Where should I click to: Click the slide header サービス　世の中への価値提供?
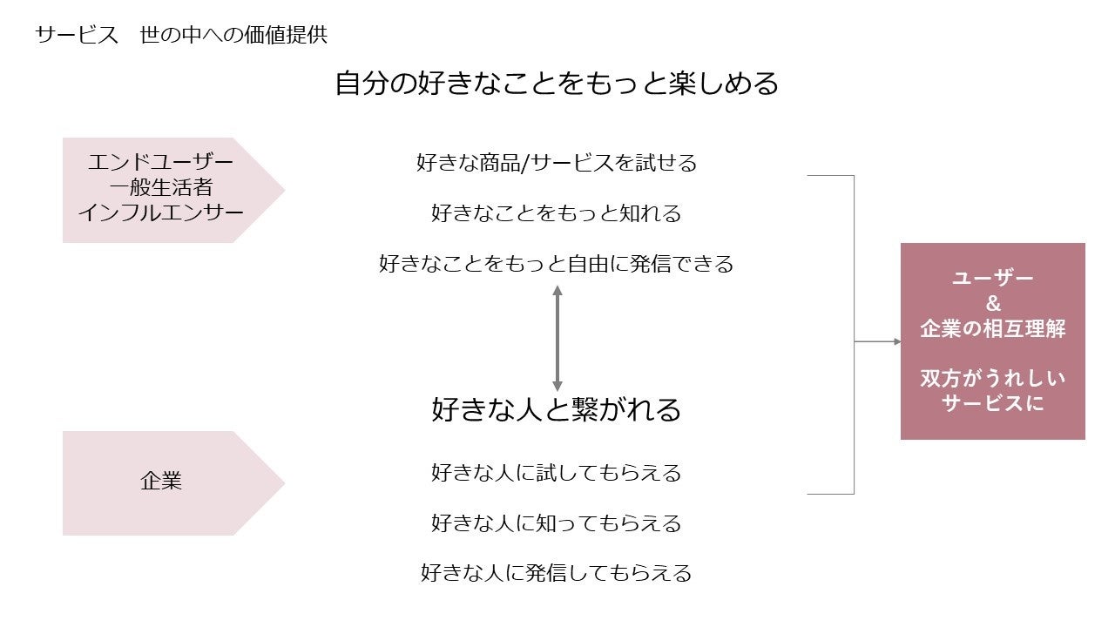pos(181,36)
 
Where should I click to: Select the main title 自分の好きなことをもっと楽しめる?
pos(557,84)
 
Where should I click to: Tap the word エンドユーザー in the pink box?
pos(161,163)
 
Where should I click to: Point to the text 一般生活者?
pos(161,187)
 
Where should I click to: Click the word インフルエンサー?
pos(161,212)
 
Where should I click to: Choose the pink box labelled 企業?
pos(162,482)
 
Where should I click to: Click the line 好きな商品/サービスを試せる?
pos(557,163)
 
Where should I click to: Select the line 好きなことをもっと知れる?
pos(557,213)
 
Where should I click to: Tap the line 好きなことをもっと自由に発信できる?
pos(557,263)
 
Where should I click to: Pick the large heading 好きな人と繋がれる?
pos(557,409)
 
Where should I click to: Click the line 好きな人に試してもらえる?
pos(557,473)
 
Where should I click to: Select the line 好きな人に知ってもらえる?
pos(557,523)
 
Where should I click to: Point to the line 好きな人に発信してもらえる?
pos(557,573)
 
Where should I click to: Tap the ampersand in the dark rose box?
pos(993,304)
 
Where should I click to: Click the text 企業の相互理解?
pos(993,329)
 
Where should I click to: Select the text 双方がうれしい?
pos(993,380)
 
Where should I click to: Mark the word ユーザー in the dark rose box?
pos(993,279)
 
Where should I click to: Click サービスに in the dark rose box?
pos(993,404)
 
